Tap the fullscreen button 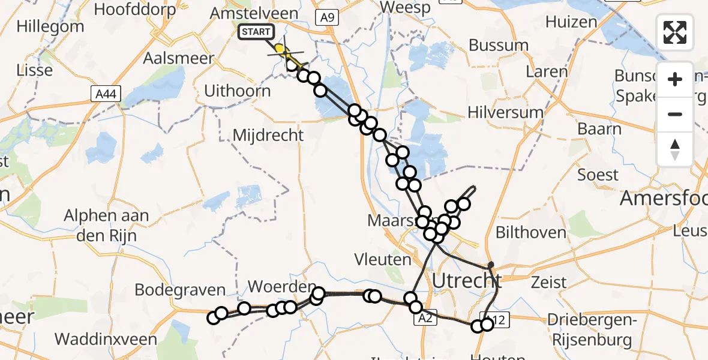(675, 32)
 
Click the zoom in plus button (675, 79)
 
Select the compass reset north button (675, 149)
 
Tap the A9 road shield (327, 17)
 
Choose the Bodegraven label (180, 290)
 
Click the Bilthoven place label (521, 233)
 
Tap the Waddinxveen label (101, 339)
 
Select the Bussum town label (499, 46)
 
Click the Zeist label (549, 282)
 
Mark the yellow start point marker (279, 48)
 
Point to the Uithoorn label (238, 91)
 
